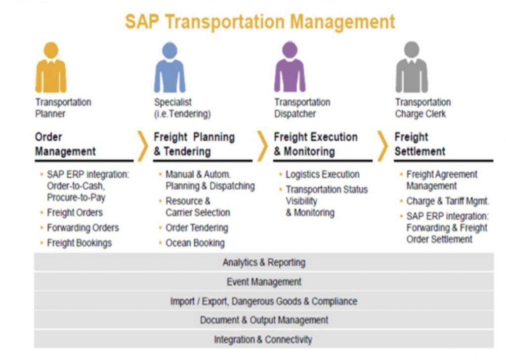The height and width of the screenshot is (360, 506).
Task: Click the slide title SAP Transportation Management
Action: click(x=260, y=22)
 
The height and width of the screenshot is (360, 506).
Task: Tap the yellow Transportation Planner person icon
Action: click(x=51, y=68)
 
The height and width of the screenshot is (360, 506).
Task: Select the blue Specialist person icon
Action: click(x=170, y=68)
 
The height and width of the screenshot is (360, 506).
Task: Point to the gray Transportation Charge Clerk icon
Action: click(x=412, y=67)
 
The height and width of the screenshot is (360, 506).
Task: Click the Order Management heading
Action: click(x=66, y=144)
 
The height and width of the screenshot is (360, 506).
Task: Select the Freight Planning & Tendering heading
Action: click(x=194, y=144)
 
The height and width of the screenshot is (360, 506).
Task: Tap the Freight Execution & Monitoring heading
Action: click(x=316, y=144)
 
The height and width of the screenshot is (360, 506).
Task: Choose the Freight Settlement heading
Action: click(x=420, y=144)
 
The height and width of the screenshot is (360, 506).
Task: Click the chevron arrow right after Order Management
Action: click(x=143, y=146)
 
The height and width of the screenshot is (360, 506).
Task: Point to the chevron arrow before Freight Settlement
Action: click(x=383, y=146)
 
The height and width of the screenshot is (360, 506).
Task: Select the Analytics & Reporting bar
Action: click(x=264, y=262)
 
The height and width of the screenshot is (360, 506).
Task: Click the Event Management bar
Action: click(x=264, y=281)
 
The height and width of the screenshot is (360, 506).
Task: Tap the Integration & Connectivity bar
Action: click(x=264, y=339)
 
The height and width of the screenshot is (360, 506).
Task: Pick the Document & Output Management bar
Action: click(x=264, y=320)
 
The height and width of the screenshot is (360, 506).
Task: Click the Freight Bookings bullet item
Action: click(x=80, y=243)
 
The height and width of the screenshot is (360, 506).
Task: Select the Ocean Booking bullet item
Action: click(x=195, y=243)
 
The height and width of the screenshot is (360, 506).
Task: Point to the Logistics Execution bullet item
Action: click(x=322, y=174)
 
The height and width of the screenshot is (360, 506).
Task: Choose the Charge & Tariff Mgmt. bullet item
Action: click(x=448, y=201)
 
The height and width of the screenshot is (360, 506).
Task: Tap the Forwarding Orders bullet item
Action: click(x=83, y=228)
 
